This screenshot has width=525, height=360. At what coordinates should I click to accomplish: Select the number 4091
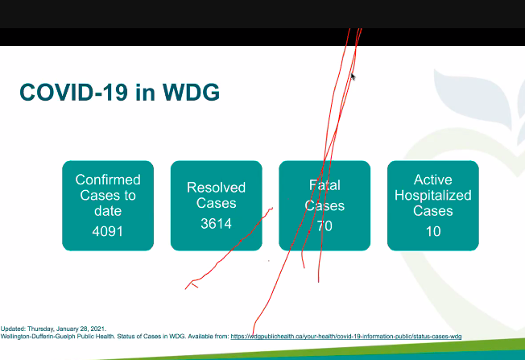pyautogui.click(x=108, y=233)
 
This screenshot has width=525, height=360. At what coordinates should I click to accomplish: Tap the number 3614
pyautogui.click(x=216, y=223)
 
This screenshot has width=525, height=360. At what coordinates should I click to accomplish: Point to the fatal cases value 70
pyautogui.click(x=325, y=226)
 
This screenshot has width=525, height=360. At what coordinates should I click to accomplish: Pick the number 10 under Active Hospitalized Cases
pyautogui.click(x=433, y=233)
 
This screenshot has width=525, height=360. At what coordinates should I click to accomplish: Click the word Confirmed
pyautogui.click(x=108, y=180)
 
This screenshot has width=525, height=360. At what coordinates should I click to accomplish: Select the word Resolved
pyautogui.click(x=216, y=188)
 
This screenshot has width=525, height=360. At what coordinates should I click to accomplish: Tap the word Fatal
pyautogui.click(x=325, y=186)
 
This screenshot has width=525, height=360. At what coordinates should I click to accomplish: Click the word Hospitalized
pyautogui.click(x=433, y=195)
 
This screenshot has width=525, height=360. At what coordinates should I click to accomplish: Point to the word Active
pyautogui.click(x=433, y=180)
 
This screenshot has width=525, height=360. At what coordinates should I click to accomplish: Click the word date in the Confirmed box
pyautogui.click(x=108, y=211)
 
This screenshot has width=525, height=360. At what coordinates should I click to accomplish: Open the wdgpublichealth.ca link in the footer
pyautogui.click(x=345, y=336)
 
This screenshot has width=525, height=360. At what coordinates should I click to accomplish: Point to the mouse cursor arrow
pyautogui.click(x=353, y=77)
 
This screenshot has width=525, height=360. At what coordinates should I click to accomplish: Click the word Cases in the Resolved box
pyautogui.click(x=216, y=203)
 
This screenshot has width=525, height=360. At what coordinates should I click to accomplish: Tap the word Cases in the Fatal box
pyautogui.click(x=325, y=205)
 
